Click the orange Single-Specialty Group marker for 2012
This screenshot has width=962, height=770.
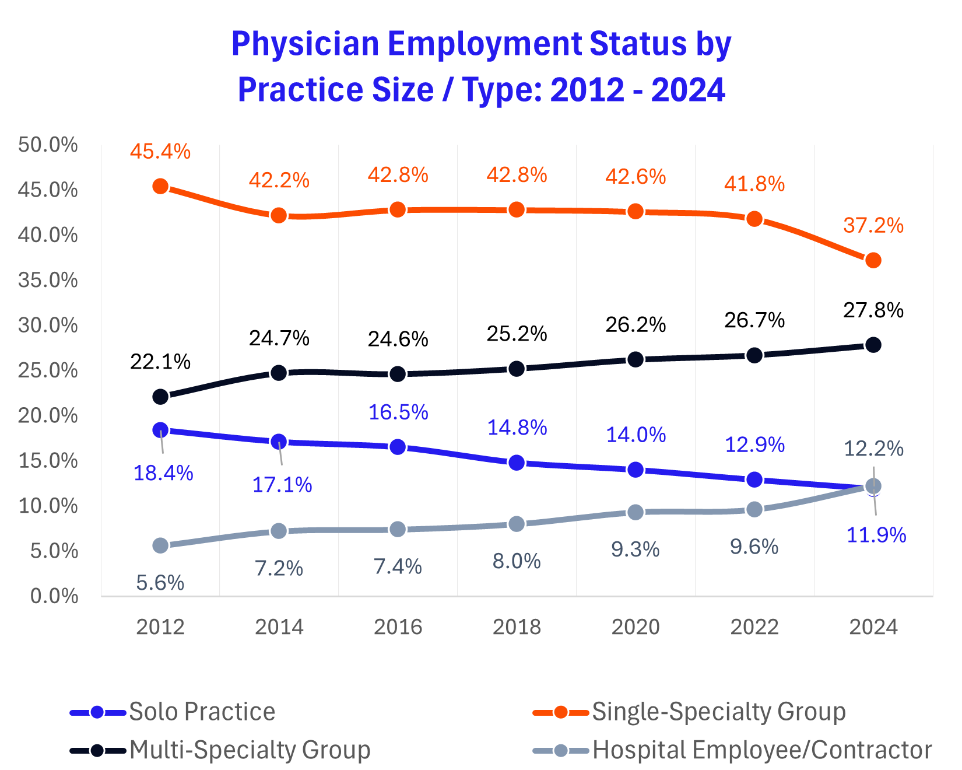pos(160,187)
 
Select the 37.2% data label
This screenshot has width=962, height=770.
pos(873,225)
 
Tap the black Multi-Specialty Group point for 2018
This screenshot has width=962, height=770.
pos(517,369)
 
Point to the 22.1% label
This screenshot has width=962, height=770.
pos(160,362)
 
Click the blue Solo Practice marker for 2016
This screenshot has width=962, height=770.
pos(398,447)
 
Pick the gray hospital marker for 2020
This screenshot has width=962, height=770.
pos(636,512)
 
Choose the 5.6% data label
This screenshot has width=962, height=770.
pos(160,582)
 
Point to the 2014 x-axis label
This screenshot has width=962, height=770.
pos(279,627)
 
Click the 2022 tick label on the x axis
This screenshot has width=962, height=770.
pos(754,627)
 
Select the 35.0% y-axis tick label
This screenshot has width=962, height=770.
pos(48,280)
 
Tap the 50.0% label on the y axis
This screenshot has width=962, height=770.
pos(48,145)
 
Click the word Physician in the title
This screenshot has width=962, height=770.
pos(306,44)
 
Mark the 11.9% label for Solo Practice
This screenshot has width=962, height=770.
pos(876,534)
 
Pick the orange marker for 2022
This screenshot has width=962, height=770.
pos(754,219)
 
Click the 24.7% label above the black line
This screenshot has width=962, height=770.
pos(279,338)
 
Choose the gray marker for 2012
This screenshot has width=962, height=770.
pos(160,545)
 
